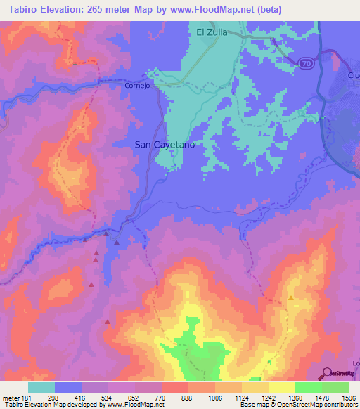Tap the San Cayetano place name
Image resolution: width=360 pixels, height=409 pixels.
click(x=164, y=144)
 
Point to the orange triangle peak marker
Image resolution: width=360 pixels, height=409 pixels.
click(x=290, y=298)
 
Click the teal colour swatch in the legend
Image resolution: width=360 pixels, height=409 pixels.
click(x=41, y=387)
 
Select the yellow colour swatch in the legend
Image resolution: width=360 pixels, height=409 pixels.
click(x=281, y=387)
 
